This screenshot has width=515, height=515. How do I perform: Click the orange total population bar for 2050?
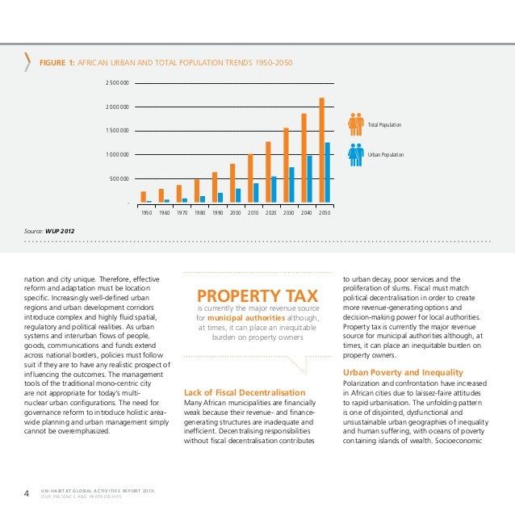(x=322, y=150)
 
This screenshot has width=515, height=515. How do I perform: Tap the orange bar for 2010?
(x=250, y=178)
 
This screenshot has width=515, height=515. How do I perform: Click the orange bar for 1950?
(x=144, y=197)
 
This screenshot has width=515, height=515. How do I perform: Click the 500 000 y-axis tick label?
(x=119, y=179)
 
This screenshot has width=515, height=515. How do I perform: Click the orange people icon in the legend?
(x=356, y=124)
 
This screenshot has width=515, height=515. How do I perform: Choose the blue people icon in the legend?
(x=356, y=153)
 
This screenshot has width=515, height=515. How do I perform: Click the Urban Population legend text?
(x=386, y=154)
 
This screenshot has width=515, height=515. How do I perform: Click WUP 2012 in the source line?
(x=60, y=230)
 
